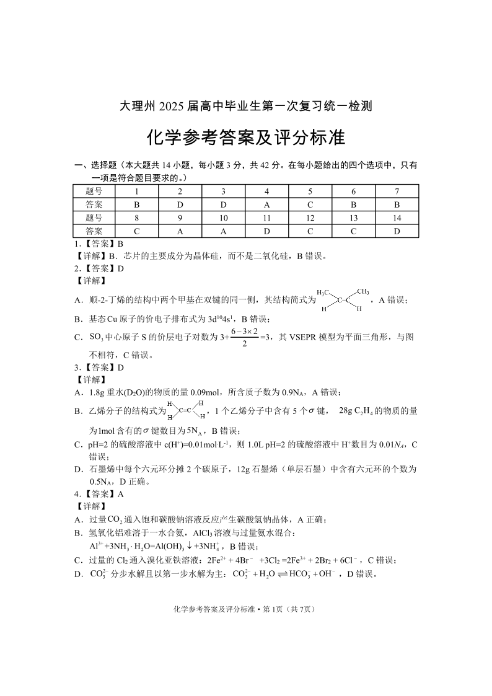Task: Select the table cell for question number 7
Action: (x=397, y=192)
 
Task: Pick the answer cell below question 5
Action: (x=310, y=205)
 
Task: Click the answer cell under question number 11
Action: (x=266, y=231)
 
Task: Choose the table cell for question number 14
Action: (x=397, y=218)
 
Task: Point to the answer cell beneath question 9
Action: (x=180, y=231)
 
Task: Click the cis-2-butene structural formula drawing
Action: (x=344, y=299)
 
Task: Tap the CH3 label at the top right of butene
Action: (x=364, y=291)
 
